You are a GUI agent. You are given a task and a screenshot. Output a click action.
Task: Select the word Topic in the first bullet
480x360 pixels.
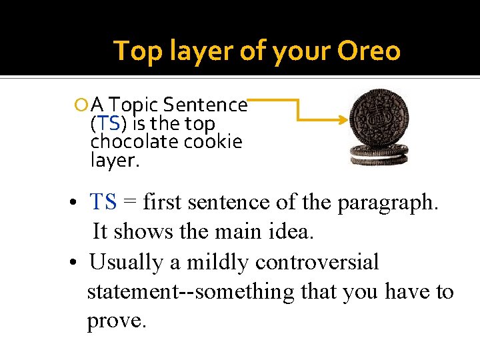click(133, 105)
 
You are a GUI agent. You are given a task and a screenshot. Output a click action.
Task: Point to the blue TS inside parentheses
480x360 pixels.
click(109, 123)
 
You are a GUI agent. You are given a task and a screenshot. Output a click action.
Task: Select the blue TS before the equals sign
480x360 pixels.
click(103, 202)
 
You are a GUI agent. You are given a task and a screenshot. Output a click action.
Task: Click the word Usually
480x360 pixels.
click(126, 262)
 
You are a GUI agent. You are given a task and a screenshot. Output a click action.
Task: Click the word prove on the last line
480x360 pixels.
click(116, 321)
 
